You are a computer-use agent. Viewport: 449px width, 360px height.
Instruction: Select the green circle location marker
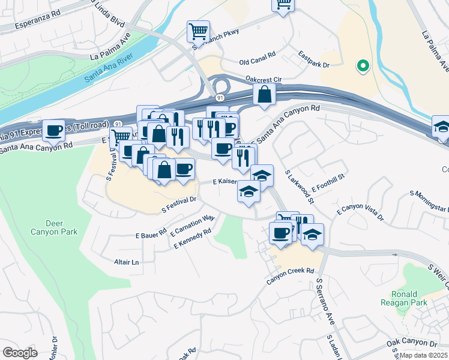(x=362, y=66)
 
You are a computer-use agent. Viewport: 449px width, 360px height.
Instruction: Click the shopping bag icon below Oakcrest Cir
(x=264, y=94)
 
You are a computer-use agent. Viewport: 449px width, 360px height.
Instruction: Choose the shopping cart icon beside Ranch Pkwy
(x=198, y=30)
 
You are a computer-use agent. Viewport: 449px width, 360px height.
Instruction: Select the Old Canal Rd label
(x=257, y=62)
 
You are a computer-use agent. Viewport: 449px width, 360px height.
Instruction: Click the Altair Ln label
(x=126, y=262)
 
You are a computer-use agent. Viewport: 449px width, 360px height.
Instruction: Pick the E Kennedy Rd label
(x=193, y=238)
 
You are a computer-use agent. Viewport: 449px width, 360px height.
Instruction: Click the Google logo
(x=20, y=352)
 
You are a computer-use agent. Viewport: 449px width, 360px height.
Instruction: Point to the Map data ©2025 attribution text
(x=423, y=355)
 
